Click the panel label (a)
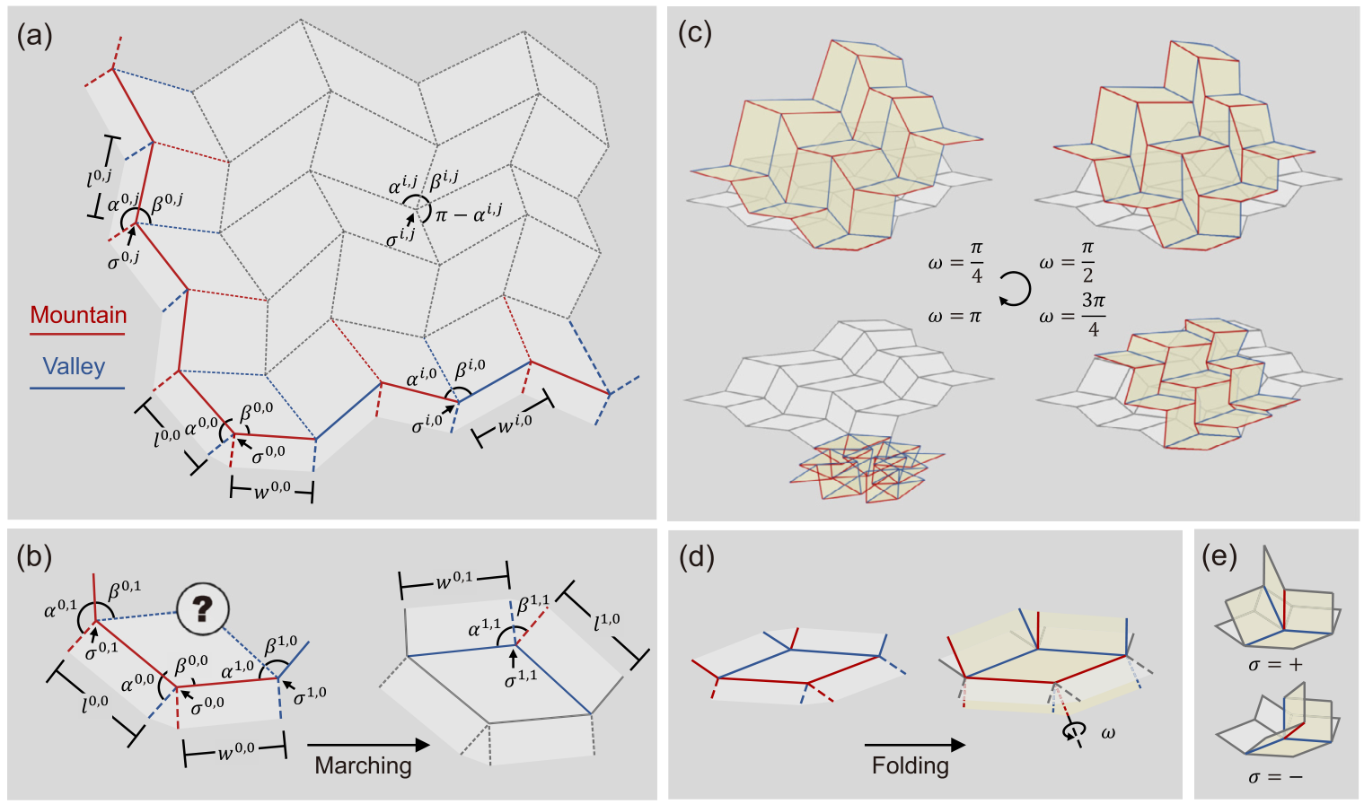[x=34, y=36]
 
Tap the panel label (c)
[x=694, y=33]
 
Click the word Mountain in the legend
[x=78, y=315]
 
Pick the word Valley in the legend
[x=74, y=366]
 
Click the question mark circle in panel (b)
[x=202, y=609]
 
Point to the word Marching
[x=363, y=765]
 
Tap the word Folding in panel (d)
[x=910, y=765]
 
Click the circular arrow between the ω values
[x=1015, y=289]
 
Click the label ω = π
[x=955, y=316]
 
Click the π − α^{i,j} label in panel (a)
[x=469, y=214]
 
